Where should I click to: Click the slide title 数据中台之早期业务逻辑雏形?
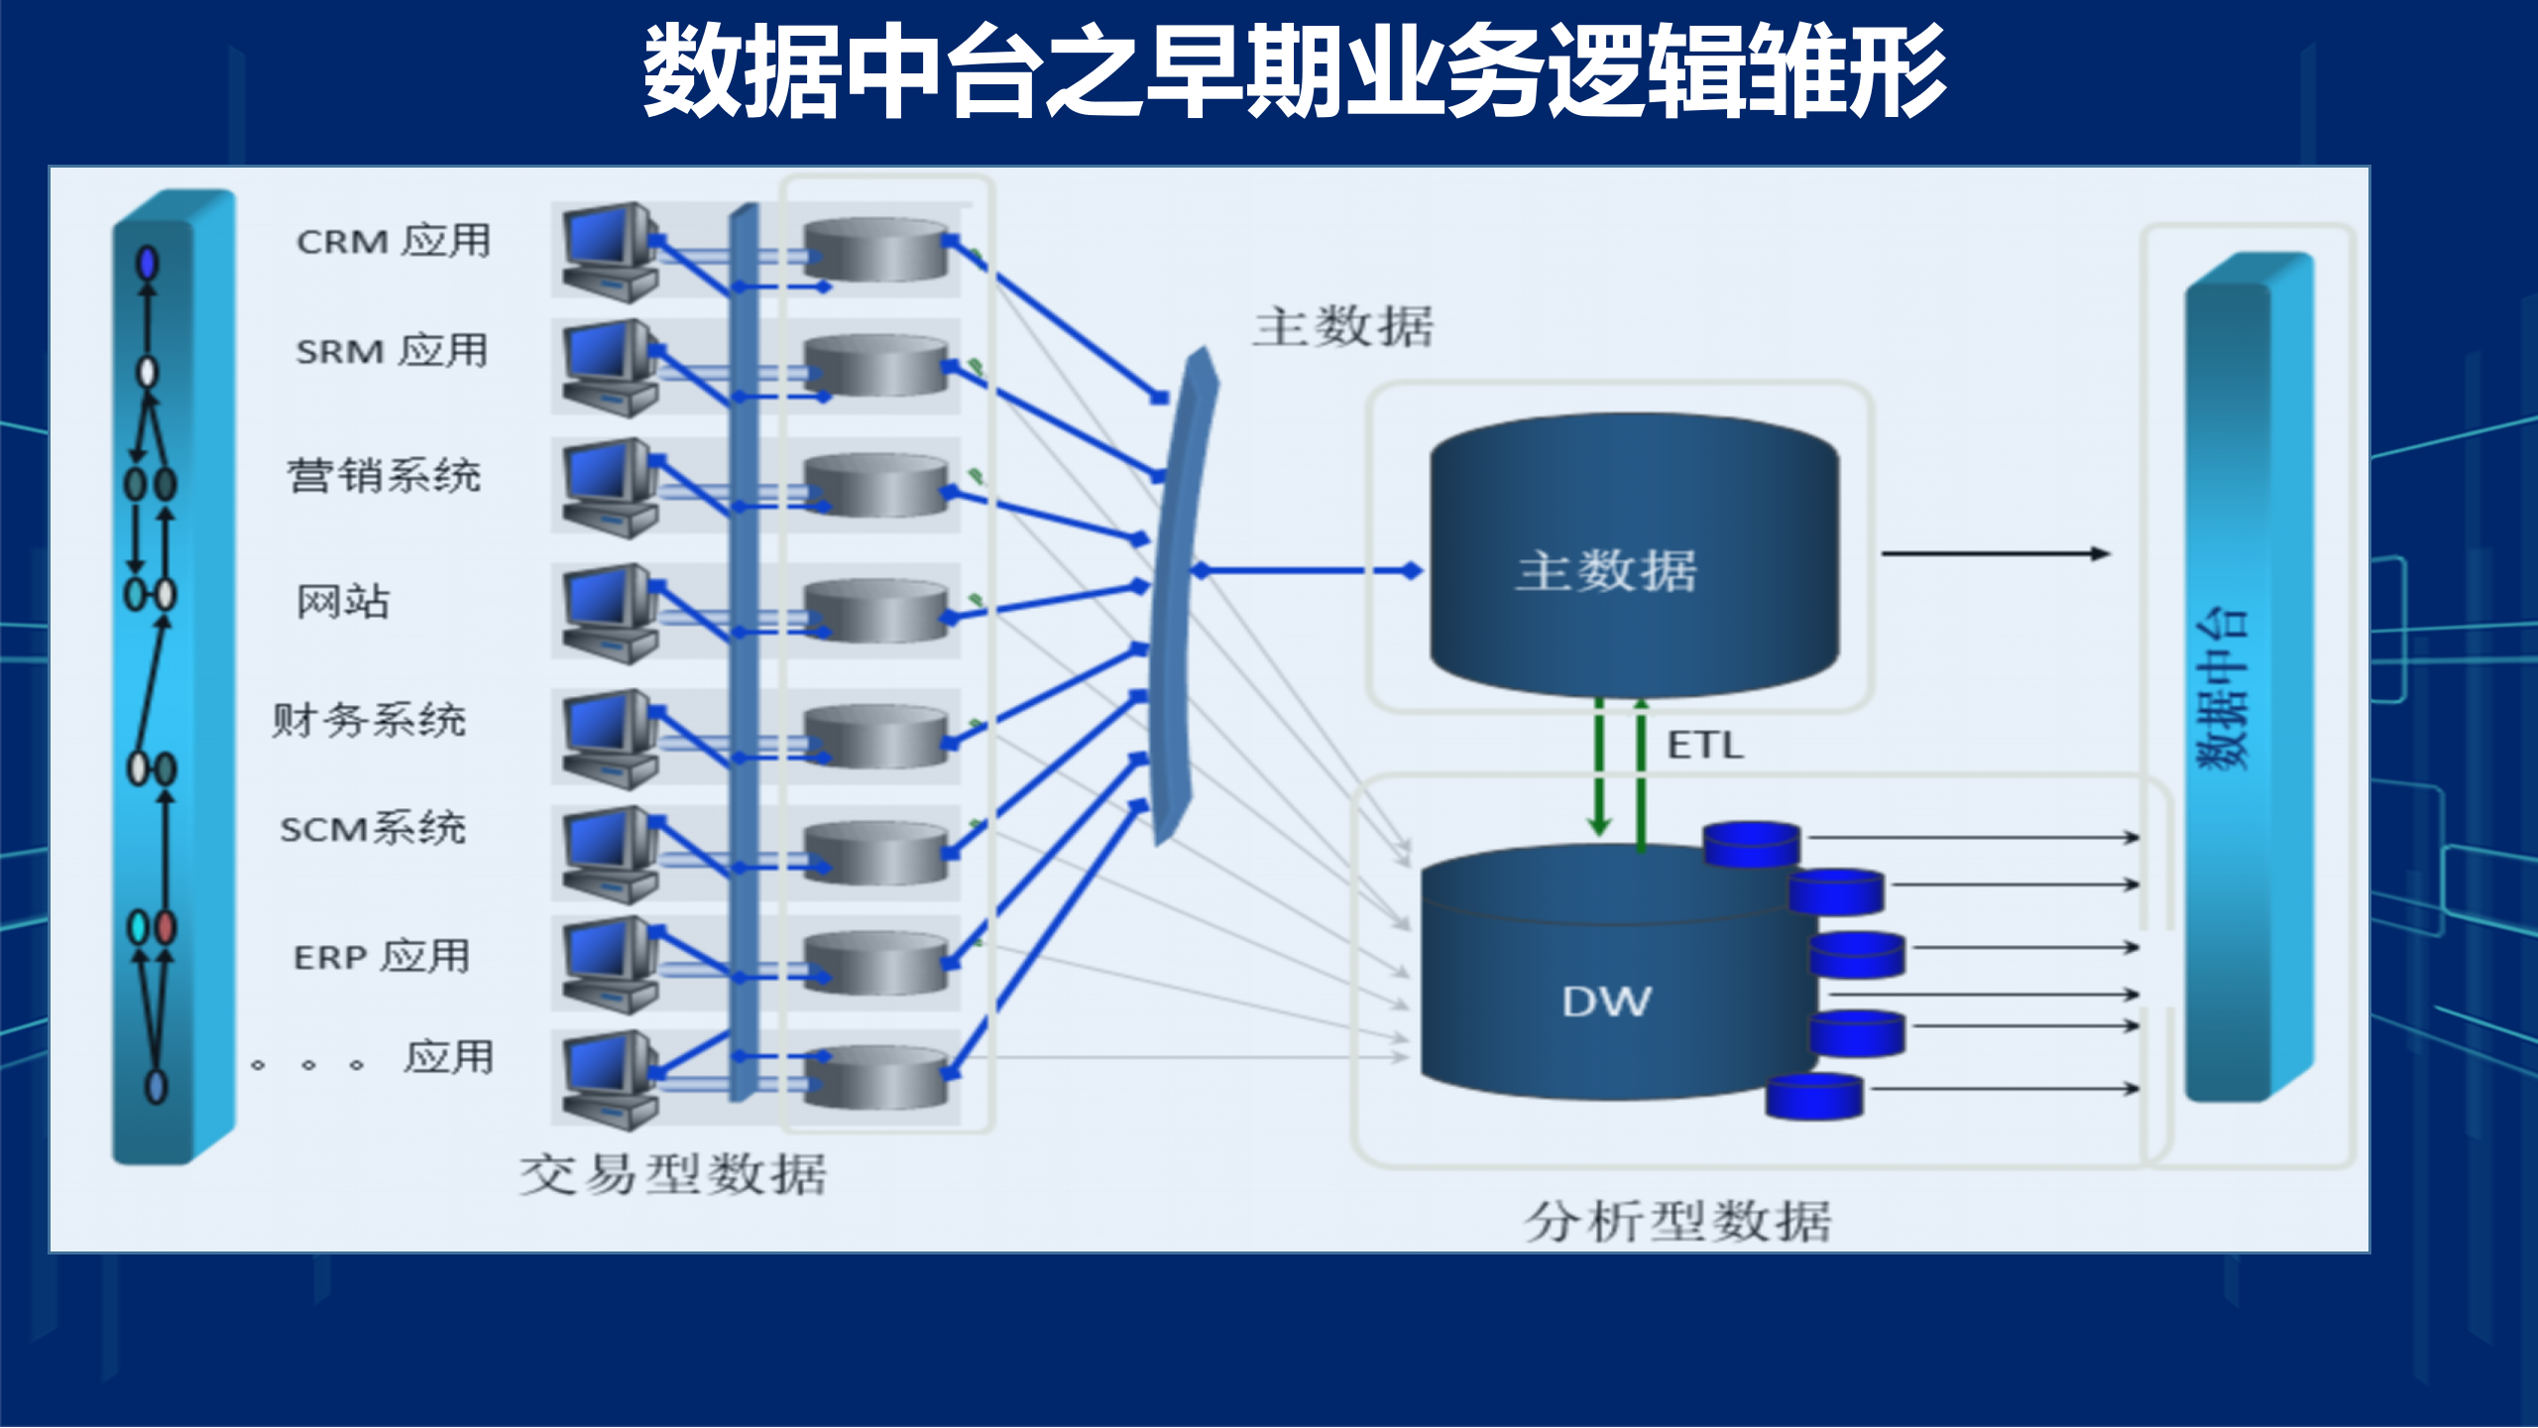pyautogui.click(x=1294, y=71)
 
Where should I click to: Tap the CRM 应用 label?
pyautogui.click(x=394, y=241)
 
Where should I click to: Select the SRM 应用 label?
pyautogui.click(x=392, y=351)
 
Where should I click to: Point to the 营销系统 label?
pyautogui.click(x=384, y=476)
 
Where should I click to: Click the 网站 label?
pyautogui.click(x=343, y=601)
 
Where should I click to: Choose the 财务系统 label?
pyautogui.click(x=369, y=720)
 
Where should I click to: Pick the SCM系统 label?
pyautogui.click(x=373, y=828)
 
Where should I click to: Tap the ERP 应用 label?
pyautogui.click(x=382, y=957)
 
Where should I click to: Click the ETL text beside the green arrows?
pyautogui.click(x=1704, y=746)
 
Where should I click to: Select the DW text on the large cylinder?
pyautogui.click(x=1606, y=1002)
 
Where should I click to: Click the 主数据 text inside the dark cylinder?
pyautogui.click(x=1606, y=571)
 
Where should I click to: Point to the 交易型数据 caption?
pyautogui.click(x=672, y=1175)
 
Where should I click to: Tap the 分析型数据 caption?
pyautogui.click(x=1677, y=1221)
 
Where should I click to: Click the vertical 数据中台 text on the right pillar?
pyautogui.click(x=2222, y=689)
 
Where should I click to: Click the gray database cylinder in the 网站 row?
pyautogui.click(x=876, y=611)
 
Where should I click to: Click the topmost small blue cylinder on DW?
pyautogui.click(x=1752, y=844)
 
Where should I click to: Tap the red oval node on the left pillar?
pyautogui.click(x=166, y=927)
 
